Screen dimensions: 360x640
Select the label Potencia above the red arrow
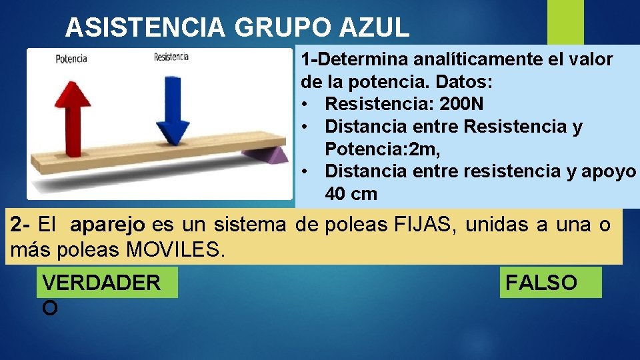coord(71,59)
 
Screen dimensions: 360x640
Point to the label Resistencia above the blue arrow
coord(171,57)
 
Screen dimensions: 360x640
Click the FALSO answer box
coord(550,283)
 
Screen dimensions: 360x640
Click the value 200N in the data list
coord(461,104)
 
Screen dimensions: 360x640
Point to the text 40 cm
coord(351,194)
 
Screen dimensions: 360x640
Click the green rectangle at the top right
coord(565,23)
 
